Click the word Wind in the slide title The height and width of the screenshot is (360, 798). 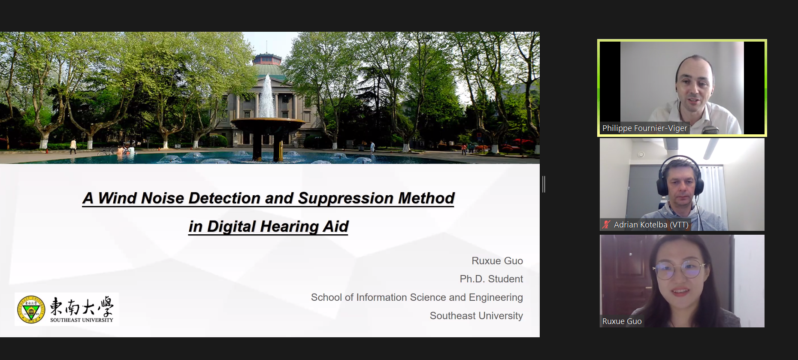click(x=117, y=198)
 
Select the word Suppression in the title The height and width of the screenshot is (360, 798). click(x=346, y=199)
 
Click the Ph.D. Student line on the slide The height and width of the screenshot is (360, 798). click(x=491, y=279)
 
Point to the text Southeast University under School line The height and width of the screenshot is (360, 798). click(x=476, y=316)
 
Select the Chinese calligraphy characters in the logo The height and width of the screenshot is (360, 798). click(x=82, y=306)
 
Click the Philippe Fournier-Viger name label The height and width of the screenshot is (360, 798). click(x=644, y=128)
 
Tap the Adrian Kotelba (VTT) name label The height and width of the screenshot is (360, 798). click(x=651, y=224)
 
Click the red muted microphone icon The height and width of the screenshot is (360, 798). click(x=606, y=224)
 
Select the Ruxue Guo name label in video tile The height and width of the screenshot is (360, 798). click(x=622, y=321)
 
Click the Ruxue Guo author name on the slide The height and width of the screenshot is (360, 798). click(x=497, y=261)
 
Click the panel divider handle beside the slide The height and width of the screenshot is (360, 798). click(x=544, y=184)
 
